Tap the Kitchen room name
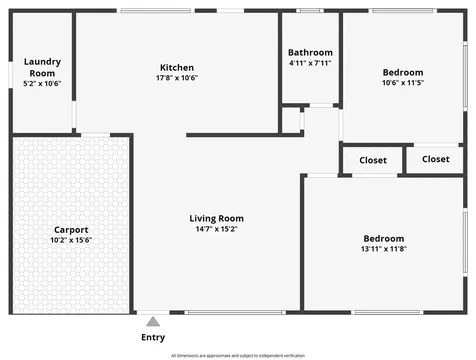[177, 68]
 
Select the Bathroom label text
[310, 52]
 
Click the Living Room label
[217, 218]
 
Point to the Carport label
[71, 230]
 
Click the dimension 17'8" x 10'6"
[177, 78]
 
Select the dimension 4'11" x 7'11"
[310, 63]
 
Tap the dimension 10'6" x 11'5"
[403, 83]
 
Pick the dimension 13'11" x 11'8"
[384, 249]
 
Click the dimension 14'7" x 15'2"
[217, 229]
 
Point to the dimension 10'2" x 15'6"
[71, 241]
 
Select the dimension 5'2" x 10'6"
[42, 84]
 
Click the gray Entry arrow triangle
[153, 322]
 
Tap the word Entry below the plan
[153, 337]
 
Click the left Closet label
[373, 159]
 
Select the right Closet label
[436, 159]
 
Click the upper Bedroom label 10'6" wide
[403, 72]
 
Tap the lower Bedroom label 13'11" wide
[384, 238]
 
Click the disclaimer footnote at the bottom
[238, 355]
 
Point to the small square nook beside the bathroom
[290, 119]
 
